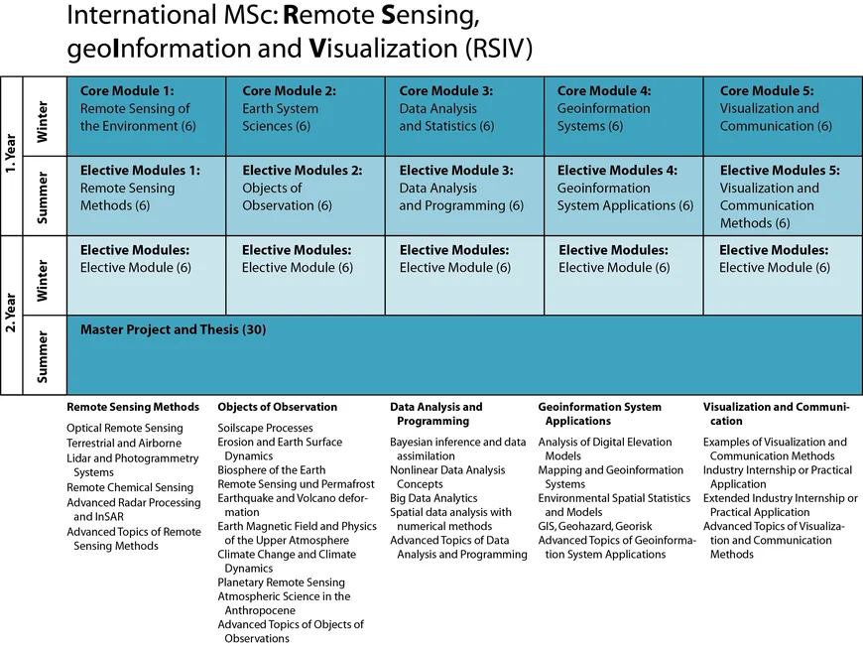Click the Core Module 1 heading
tap(127, 91)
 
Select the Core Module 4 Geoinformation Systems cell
tap(624, 116)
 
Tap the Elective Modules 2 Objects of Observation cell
tap(306, 195)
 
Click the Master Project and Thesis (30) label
tap(173, 329)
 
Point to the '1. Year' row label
tap(11, 154)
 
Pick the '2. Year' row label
tap(11, 313)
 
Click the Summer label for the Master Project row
tap(43, 357)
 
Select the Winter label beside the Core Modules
tap(43, 122)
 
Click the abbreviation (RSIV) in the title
tap(499, 49)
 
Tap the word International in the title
tap(141, 15)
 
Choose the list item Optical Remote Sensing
tap(125, 428)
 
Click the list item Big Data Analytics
tap(433, 498)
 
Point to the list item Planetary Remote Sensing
tap(282, 582)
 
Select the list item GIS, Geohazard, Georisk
tap(595, 526)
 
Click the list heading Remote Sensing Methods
tap(133, 407)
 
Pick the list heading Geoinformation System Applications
tap(600, 414)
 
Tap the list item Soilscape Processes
tap(265, 428)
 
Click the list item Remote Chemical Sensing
tap(130, 487)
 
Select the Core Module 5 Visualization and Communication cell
tap(783, 116)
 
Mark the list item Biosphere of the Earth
tap(272, 470)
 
